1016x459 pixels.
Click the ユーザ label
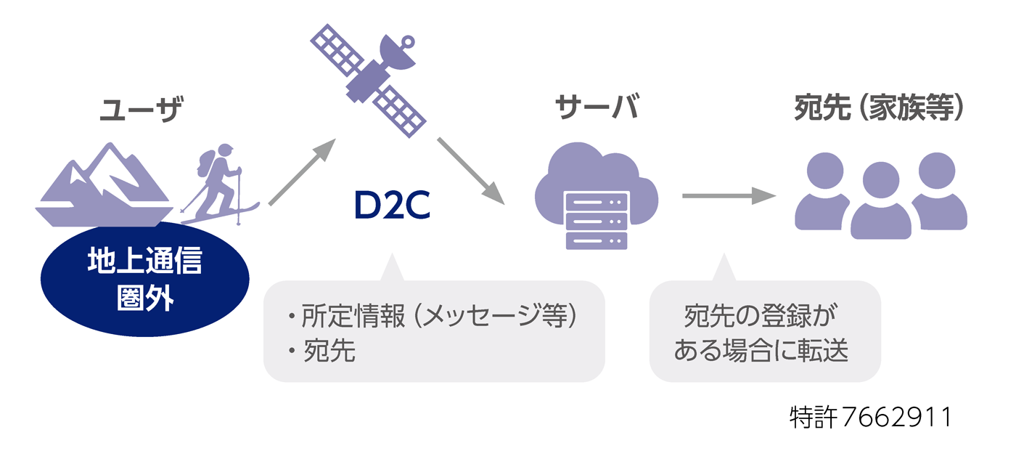click(x=139, y=111)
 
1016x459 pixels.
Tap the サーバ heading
click(x=597, y=108)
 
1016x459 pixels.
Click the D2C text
click(x=392, y=206)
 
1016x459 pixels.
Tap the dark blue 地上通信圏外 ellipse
click(x=144, y=279)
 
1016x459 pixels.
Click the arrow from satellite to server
click(x=471, y=169)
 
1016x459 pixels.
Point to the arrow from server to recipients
click(x=729, y=195)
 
